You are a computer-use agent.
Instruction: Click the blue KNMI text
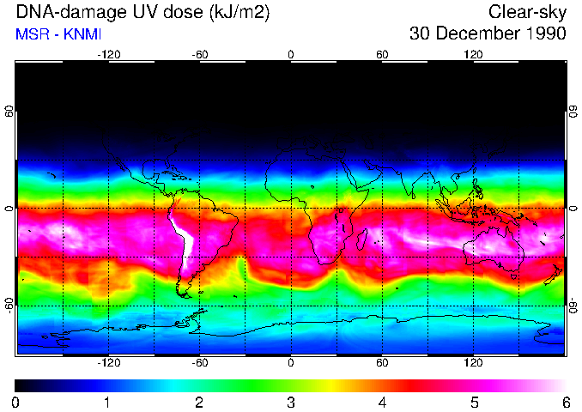tap(82, 34)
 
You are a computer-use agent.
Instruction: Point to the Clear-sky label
tap(527, 13)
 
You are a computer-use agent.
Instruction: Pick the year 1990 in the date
tap(545, 34)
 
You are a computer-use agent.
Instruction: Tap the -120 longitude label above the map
tap(108, 54)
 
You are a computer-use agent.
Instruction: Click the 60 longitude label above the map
tap(382, 54)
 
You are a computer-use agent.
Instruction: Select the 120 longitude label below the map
tap(473, 362)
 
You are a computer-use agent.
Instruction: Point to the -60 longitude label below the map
tap(199, 362)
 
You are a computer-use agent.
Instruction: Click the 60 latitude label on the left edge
tap(9, 112)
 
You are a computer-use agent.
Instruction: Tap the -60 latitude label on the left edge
tap(9, 306)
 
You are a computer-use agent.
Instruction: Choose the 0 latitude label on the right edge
tap(573, 209)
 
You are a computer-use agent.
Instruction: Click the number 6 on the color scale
tap(566, 402)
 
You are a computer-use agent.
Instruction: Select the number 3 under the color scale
tap(291, 402)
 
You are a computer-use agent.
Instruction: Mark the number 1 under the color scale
tap(107, 402)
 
